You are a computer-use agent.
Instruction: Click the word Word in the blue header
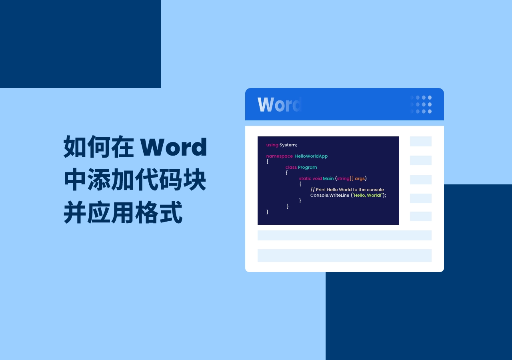coord(279,104)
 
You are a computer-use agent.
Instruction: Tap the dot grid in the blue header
coord(421,104)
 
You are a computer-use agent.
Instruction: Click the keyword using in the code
coord(272,145)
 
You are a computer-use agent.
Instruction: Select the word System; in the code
coord(288,145)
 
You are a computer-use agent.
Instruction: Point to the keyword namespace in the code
coord(279,156)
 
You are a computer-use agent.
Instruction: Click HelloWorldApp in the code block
coord(311,156)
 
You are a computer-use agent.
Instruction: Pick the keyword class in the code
coord(291,167)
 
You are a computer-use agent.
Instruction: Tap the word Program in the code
coord(307,167)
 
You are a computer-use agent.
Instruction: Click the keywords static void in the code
coord(310,178)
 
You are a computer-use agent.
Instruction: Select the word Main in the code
coord(328,178)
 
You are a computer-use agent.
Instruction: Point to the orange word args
coord(360,178)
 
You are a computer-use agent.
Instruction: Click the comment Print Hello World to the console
coord(350,190)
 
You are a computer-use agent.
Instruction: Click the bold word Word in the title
coord(174,147)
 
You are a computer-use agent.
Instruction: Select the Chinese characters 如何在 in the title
coord(98,147)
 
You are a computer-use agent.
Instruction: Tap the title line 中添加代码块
coord(135,180)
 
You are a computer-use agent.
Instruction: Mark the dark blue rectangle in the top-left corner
coord(80,44)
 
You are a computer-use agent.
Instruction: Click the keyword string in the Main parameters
coord(343,178)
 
